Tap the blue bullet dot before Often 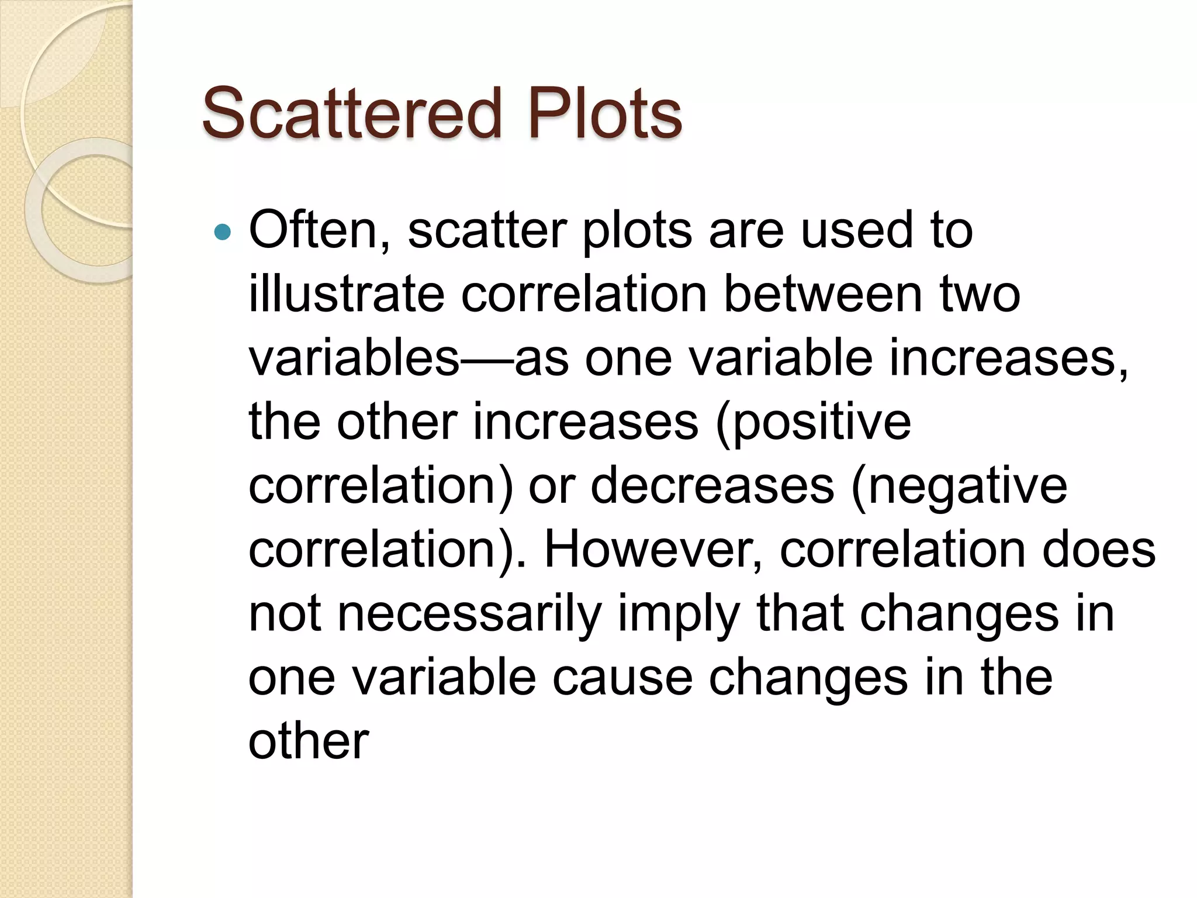pyautogui.click(x=223, y=233)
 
